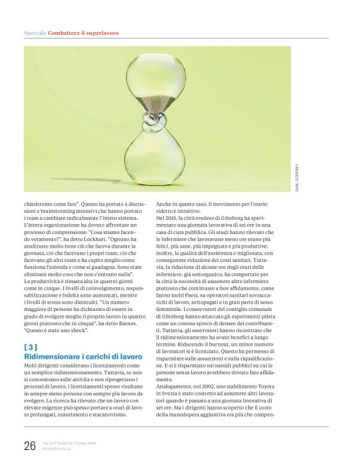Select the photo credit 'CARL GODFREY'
pyautogui.click(x=297, y=177)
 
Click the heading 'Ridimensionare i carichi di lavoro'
pyautogui.click(x=83, y=357)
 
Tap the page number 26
pyautogui.click(x=30, y=445)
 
